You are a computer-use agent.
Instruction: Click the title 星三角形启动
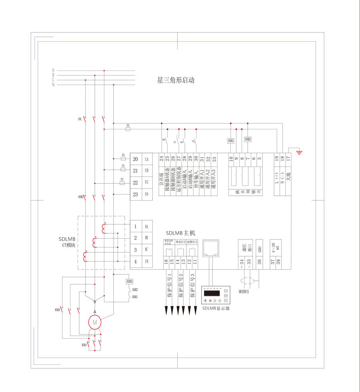pyautogui.click(x=176, y=80)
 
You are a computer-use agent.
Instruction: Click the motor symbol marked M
pyautogui.click(x=95, y=321)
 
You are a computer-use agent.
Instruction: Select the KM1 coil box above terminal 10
pyautogui.click(x=231, y=141)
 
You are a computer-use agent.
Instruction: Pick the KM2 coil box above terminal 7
pyautogui.click(x=248, y=139)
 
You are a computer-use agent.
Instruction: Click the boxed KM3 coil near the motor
pyautogui.click(x=130, y=281)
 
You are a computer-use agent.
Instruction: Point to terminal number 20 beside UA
pyautogui.click(x=136, y=159)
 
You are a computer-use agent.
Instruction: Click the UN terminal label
pyautogui.click(x=146, y=194)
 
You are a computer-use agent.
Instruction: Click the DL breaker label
pyautogui.click(x=80, y=119)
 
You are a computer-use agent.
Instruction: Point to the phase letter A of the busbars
pyautogui.click(x=53, y=70)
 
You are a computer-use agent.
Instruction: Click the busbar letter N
pyautogui.click(x=53, y=84)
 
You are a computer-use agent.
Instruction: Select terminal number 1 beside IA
pyautogui.click(x=136, y=227)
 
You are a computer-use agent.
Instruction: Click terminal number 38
pyautogui.click(x=278, y=262)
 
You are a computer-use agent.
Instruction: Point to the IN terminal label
pyautogui.click(x=146, y=262)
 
